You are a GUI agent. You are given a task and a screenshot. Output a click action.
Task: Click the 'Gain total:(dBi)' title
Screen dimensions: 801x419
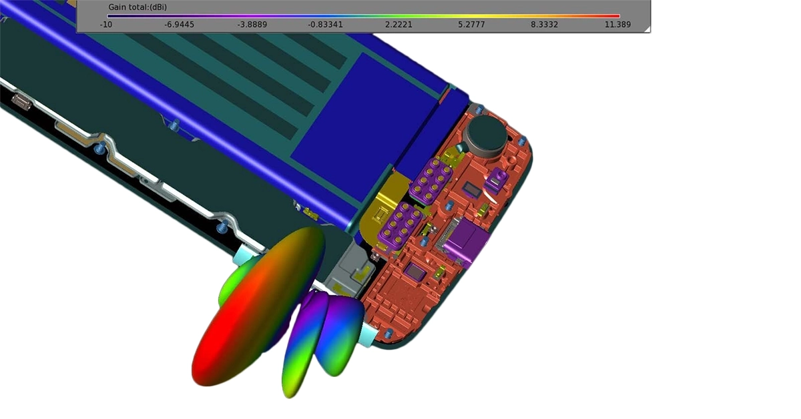(138, 7)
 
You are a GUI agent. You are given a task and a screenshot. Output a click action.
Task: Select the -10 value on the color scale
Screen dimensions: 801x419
(106, 25)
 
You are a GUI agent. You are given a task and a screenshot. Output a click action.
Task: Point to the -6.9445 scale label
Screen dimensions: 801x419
(179, 25)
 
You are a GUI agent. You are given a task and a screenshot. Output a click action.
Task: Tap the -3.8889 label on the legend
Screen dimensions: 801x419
(252, 25)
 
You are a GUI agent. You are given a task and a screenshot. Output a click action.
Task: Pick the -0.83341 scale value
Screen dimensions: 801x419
(325, 25)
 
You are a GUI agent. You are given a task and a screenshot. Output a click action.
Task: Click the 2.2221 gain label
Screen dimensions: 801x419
(398, 25)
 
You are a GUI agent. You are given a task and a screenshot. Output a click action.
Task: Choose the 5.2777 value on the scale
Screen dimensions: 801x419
(471, 25)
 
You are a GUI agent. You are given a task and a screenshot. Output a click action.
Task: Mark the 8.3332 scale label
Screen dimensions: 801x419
(544, 25)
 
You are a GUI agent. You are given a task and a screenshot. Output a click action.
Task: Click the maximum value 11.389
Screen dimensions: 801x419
(618, 25)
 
